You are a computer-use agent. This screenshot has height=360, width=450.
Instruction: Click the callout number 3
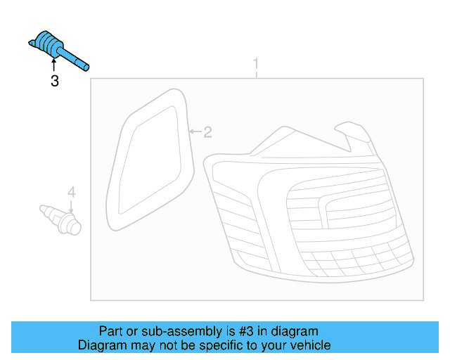(55, 82)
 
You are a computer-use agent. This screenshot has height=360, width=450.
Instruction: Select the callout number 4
(71, 192)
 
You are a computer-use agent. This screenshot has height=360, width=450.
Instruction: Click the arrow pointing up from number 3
(54, 67)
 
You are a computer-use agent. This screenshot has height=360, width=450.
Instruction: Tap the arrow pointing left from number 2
(195, 131)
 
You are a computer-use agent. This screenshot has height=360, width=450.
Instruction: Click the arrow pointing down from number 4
(71, 205)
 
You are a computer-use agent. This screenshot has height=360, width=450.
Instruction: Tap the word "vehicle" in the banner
(312, 345)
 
